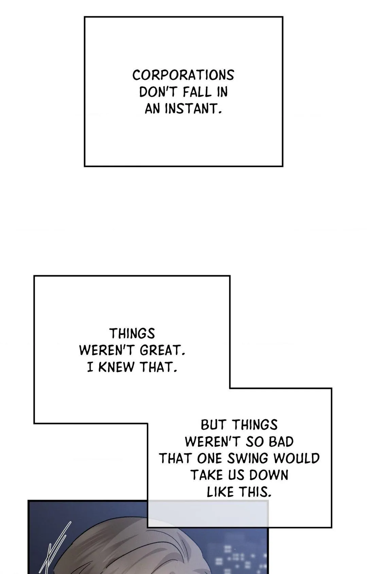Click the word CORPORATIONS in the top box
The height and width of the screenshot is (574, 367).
click(x=183, y=75)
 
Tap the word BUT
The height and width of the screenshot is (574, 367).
click(x=213, y=425)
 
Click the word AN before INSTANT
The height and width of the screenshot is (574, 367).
click(x=153, y=109)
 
